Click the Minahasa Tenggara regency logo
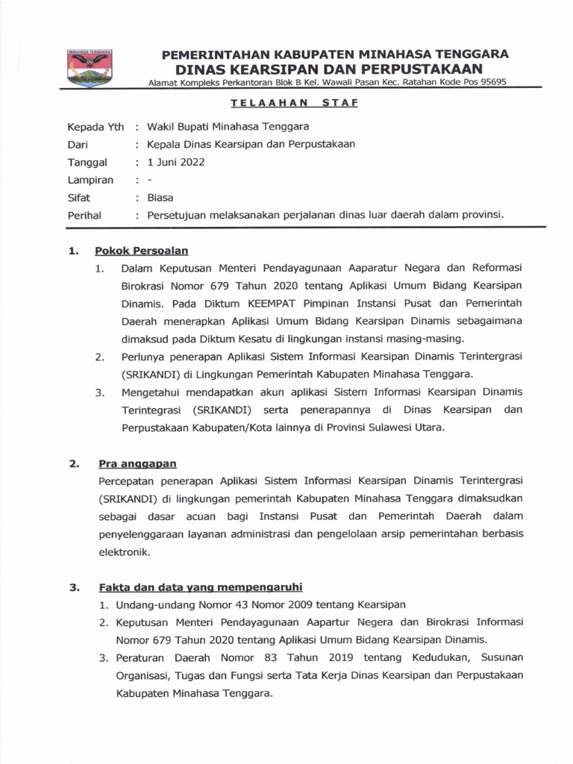(89, 68)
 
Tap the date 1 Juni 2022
(176, 162)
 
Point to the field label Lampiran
(90, 180)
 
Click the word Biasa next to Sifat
(160, 198)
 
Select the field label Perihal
(84, 216)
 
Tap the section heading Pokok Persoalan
(141, 251)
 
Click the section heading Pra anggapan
(137, 464)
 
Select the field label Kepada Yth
(95, 126)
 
